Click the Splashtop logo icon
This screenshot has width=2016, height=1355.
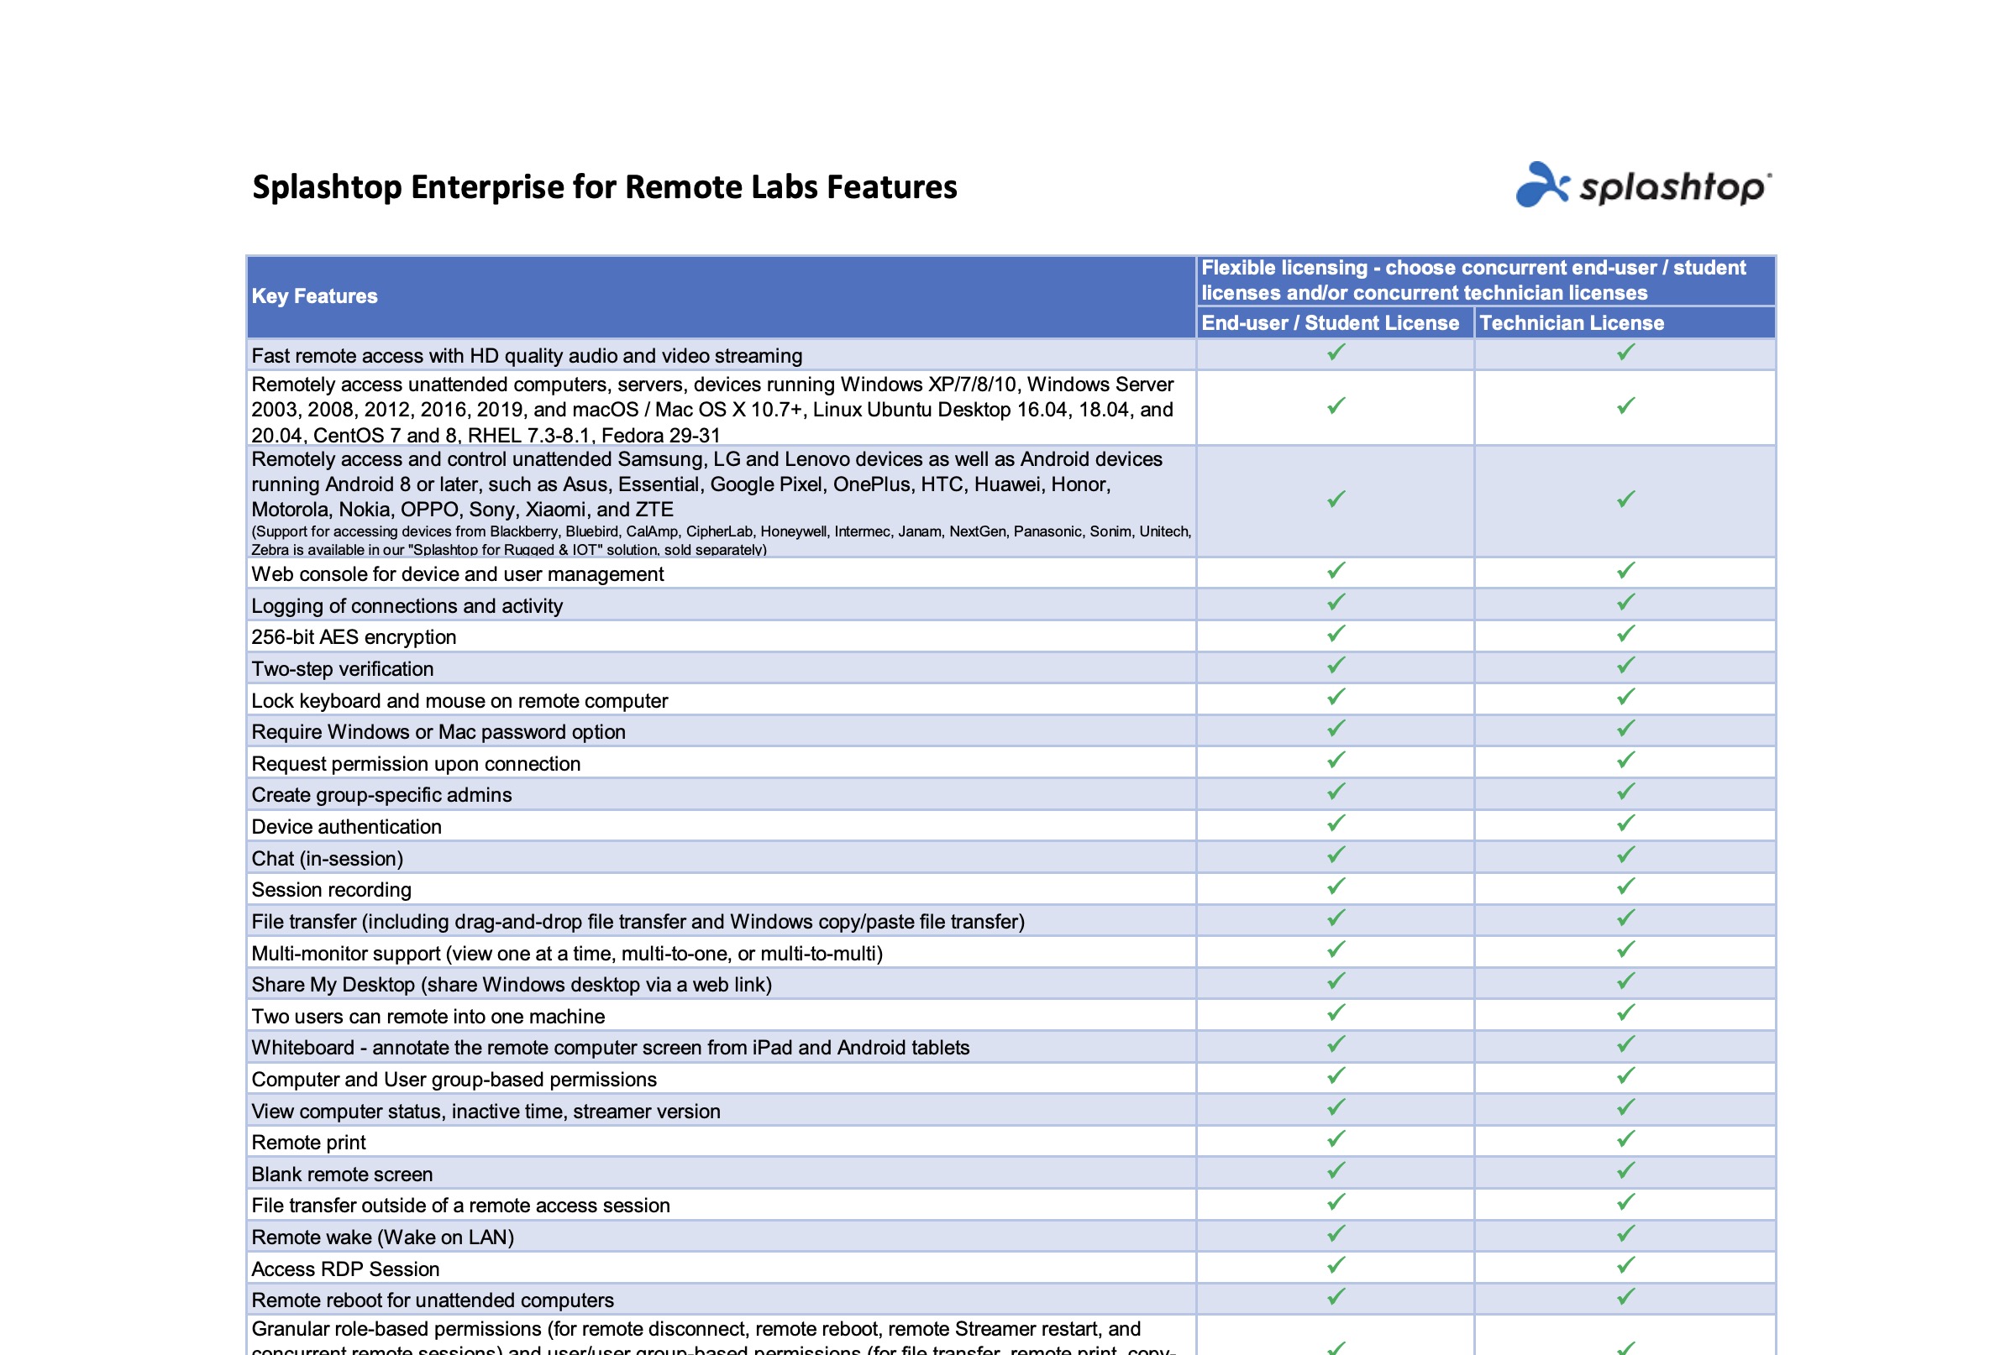pos(1541,185)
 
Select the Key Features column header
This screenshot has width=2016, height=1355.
pos(315,296)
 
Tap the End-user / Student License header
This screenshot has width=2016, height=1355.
pos(1330,323)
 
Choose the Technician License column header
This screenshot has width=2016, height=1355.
pos(1571,323)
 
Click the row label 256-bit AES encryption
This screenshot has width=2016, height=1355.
pos(354,638)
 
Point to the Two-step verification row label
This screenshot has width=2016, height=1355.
pos(343,669)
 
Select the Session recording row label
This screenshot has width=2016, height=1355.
pos(331,890)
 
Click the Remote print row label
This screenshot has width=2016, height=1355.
pos(308,1143)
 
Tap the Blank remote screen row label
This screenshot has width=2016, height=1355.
pos(342,1175)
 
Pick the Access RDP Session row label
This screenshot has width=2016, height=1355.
pos(345,1269)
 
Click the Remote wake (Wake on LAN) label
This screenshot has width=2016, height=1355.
pos(382,1237)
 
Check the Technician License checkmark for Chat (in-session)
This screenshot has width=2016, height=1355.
pos(1625,855)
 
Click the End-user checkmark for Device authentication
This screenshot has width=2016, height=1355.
pos(1336,824)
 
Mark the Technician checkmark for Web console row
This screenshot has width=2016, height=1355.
pos(1625,571)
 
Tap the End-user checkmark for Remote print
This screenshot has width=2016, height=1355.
pos(1336,1140)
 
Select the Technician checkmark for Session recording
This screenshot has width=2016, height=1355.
pos(1625,887)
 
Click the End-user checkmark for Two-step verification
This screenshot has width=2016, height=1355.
pos(1336,666)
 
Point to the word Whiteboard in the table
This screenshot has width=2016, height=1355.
pos(302,1049)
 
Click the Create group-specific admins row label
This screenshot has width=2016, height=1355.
pos(381,795)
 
